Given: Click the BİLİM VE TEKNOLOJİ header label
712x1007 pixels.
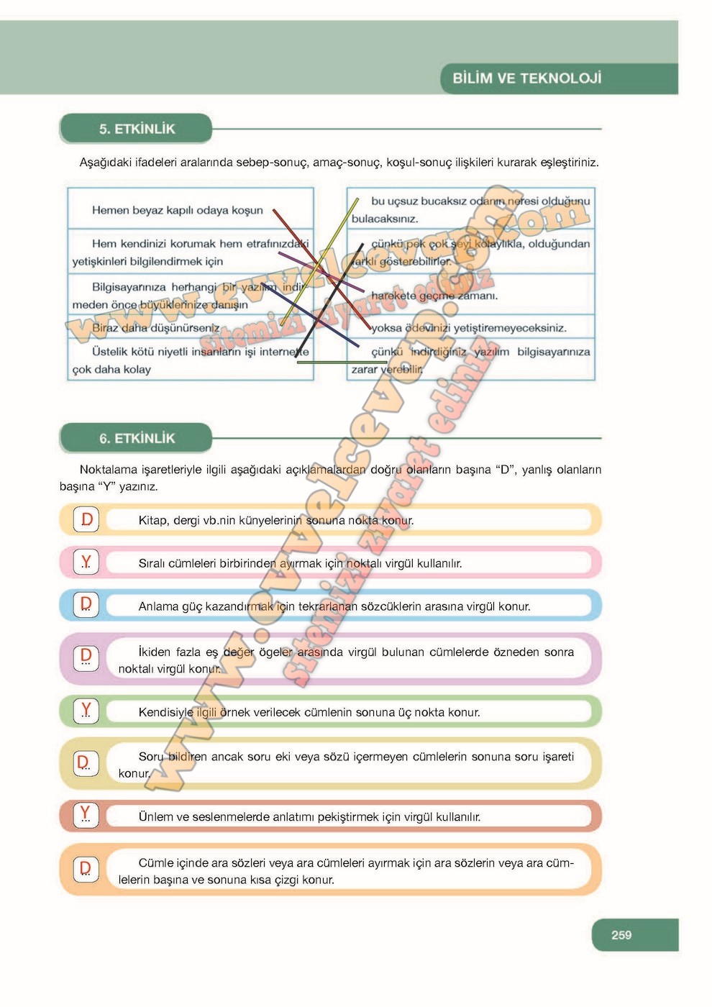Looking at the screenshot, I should pyautogui.click(x=526, y=78).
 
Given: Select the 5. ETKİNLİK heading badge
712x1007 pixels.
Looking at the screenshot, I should pyautogui.click(x=137, y=129).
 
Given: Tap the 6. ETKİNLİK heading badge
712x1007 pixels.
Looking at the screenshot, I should pyautogui.click(x=137, y=438).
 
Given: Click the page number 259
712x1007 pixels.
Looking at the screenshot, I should pyautogui.click(x=621, y=935).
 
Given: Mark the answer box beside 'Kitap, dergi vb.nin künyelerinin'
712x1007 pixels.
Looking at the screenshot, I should pyautogui.click(x=86, y=519).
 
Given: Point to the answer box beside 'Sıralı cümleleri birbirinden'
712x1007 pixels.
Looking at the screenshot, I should pyautogui.click(x=86, y=562).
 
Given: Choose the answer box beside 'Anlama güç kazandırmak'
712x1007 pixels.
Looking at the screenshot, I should pyautogui.click(x=86, y=605).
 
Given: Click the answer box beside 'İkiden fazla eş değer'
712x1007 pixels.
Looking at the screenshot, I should pyautogui.click(x=86, y=657).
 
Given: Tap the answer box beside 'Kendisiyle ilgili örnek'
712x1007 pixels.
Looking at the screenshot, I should pyautogui.click(x=86, y=711).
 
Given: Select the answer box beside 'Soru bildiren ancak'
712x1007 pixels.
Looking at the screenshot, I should pyautogui.click(x=86, y=762).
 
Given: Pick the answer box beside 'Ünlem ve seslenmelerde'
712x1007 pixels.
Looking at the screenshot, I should pyautogui.click(x=86, y=816).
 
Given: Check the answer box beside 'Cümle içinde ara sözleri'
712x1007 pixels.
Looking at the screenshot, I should pyautogui.click(x=86, y=869).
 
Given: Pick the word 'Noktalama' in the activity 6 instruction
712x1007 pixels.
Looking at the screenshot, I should pyautogui.click(x=108, y=470).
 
